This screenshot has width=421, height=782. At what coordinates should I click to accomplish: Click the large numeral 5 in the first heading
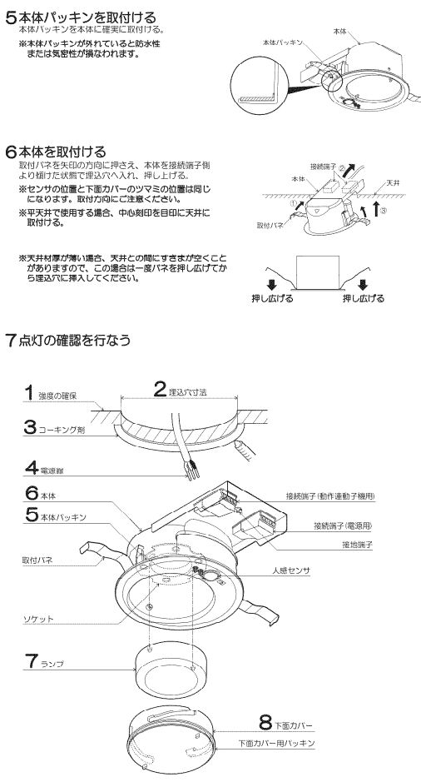click(11, 16)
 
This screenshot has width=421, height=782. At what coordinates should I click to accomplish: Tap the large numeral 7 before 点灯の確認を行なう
click(11, 340)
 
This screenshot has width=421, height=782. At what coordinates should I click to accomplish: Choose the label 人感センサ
click(290, 573)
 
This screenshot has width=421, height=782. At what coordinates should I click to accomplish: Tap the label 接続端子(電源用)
click(342, 525)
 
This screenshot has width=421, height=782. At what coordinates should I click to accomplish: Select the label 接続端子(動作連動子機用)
click(329, 495)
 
